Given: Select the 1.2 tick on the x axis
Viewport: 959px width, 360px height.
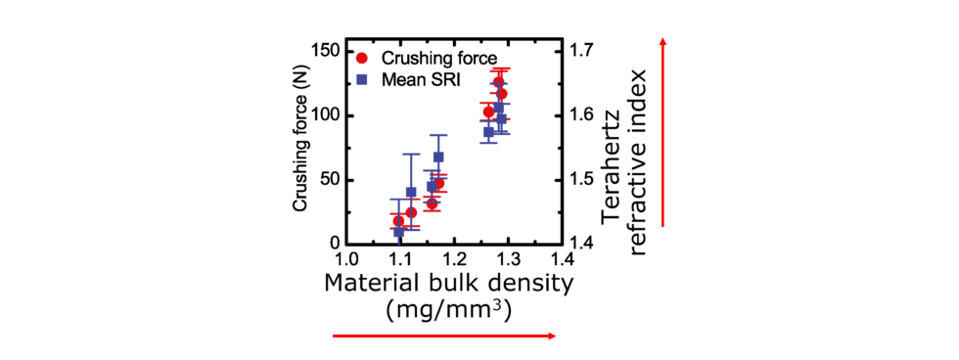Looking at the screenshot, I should (453, 260).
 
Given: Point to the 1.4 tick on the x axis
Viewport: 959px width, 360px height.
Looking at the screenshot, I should (560, 260).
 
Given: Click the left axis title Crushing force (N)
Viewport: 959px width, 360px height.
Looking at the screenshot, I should (302, 146).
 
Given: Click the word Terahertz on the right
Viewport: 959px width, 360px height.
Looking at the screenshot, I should (613, 147).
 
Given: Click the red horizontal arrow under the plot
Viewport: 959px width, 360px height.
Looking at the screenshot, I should (445, 336).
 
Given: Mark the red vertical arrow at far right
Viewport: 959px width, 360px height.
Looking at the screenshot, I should (664, 132).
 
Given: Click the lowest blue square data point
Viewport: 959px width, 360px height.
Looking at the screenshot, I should (399, 232).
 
